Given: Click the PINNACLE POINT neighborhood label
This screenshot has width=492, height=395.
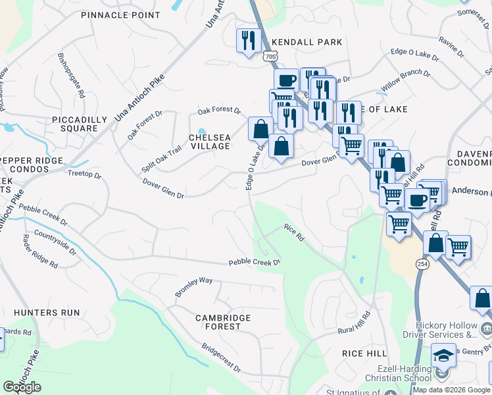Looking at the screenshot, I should [120, 14].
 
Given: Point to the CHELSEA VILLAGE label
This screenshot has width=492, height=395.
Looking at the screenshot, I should [210, 142].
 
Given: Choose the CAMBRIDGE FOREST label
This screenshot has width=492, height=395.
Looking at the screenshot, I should [223, 322].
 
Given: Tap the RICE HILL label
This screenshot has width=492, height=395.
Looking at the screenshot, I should [364, 354].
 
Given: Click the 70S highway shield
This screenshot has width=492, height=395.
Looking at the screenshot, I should [270, 57].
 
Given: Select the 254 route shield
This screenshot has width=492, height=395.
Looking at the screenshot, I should [422, 263].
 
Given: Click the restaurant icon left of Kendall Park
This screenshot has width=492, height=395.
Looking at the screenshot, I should [248, 41].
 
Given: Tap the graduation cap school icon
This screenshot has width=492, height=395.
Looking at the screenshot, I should [443, 356].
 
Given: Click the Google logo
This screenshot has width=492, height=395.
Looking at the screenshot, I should [22, 387].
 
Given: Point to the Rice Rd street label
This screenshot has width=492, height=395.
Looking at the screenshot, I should [294, 231].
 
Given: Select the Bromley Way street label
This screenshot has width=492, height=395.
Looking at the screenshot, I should [193, 286].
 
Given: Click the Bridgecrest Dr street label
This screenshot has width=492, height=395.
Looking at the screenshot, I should [221, 357].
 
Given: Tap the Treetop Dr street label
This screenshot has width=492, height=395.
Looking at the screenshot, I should [85, 175].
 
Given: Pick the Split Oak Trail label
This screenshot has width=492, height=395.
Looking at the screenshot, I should [161, 160].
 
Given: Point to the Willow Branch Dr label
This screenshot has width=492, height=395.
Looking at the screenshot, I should [406, 81].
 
